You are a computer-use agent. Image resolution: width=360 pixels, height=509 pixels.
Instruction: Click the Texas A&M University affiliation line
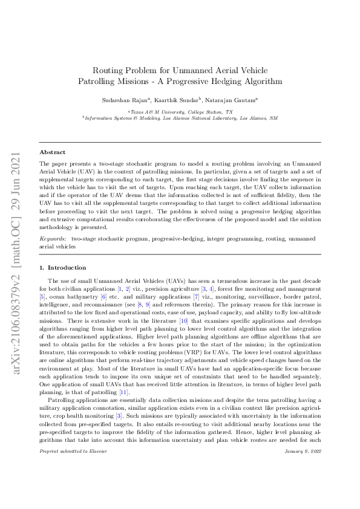tap(180, 112)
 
